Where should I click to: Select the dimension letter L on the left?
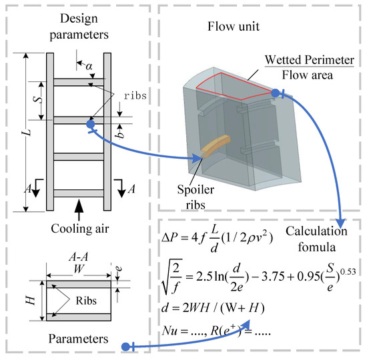[25, 131]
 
